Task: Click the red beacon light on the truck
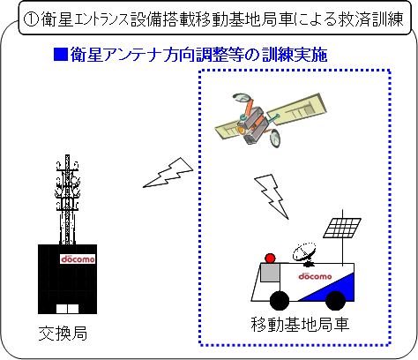tap(270, 259)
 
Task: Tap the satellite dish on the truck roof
tap(304, 252)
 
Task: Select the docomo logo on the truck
tap(315, 276)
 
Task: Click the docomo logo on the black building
tap(78, 259)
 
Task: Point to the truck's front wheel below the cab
tap(280, 301)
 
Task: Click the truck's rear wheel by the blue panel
tap(335, 301)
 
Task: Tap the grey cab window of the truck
tap(270, 273)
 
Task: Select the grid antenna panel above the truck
tap(342, 228)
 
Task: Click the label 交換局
tap(63, 334)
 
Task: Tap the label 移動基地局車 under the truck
tap(300, 324)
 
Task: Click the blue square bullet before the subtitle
tap(61, 55)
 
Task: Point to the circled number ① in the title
tap(31, 19)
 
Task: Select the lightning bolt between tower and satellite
tap(168, 173)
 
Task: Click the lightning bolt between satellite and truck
tap(272, 196)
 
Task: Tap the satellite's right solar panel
tap(297, 109)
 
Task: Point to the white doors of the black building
tap(67, 309)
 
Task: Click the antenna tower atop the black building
tap(67, 199)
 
